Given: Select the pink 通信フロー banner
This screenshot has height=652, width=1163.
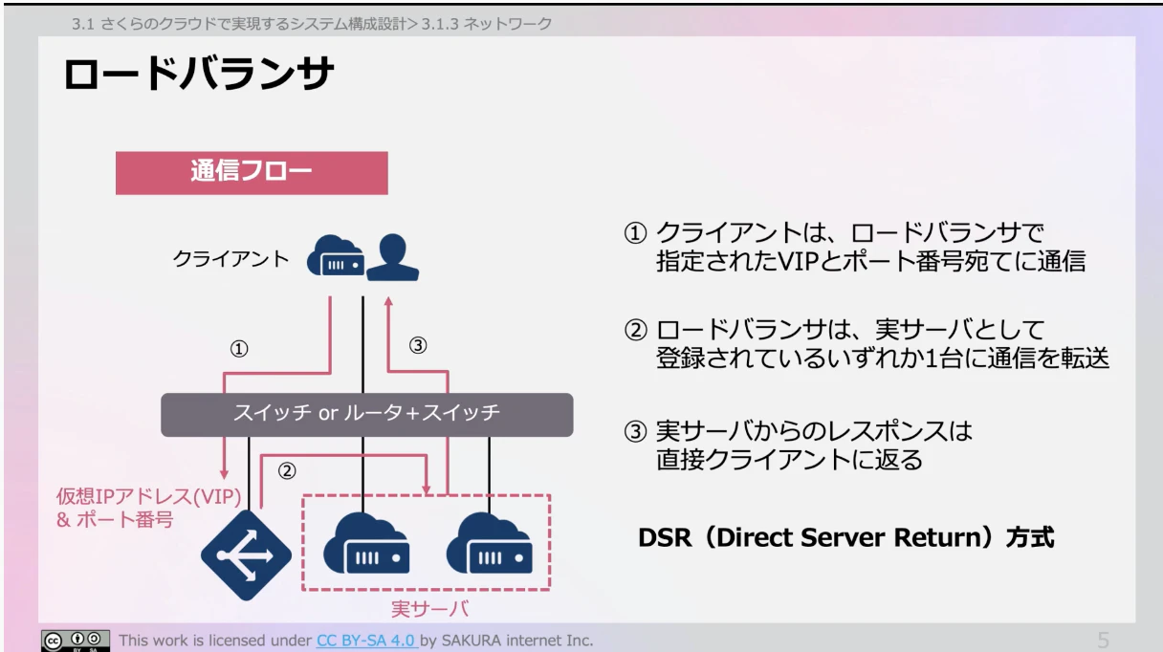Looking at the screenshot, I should click(252, 173).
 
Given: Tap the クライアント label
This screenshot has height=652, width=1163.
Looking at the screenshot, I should click(230, 258).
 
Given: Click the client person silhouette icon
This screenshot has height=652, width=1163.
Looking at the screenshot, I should click(393, 256).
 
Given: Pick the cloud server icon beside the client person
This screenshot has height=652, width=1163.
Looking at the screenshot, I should click(335, 258).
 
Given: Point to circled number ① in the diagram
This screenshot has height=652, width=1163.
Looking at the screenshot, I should click(239, 349).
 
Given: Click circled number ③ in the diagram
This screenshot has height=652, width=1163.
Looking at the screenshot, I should click(417, 346).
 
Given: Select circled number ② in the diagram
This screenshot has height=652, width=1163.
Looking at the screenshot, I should click(286, 470).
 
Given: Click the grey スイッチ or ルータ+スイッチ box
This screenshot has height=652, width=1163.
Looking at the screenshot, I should click(367, 414).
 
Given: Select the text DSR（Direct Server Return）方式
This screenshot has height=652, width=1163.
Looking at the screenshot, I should click(845, 537).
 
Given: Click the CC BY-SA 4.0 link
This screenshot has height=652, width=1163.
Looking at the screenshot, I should click(366, 640).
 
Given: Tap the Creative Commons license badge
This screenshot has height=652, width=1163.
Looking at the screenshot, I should click(76, 641).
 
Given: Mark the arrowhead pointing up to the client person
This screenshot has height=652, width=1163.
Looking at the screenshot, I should click(389, 302).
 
